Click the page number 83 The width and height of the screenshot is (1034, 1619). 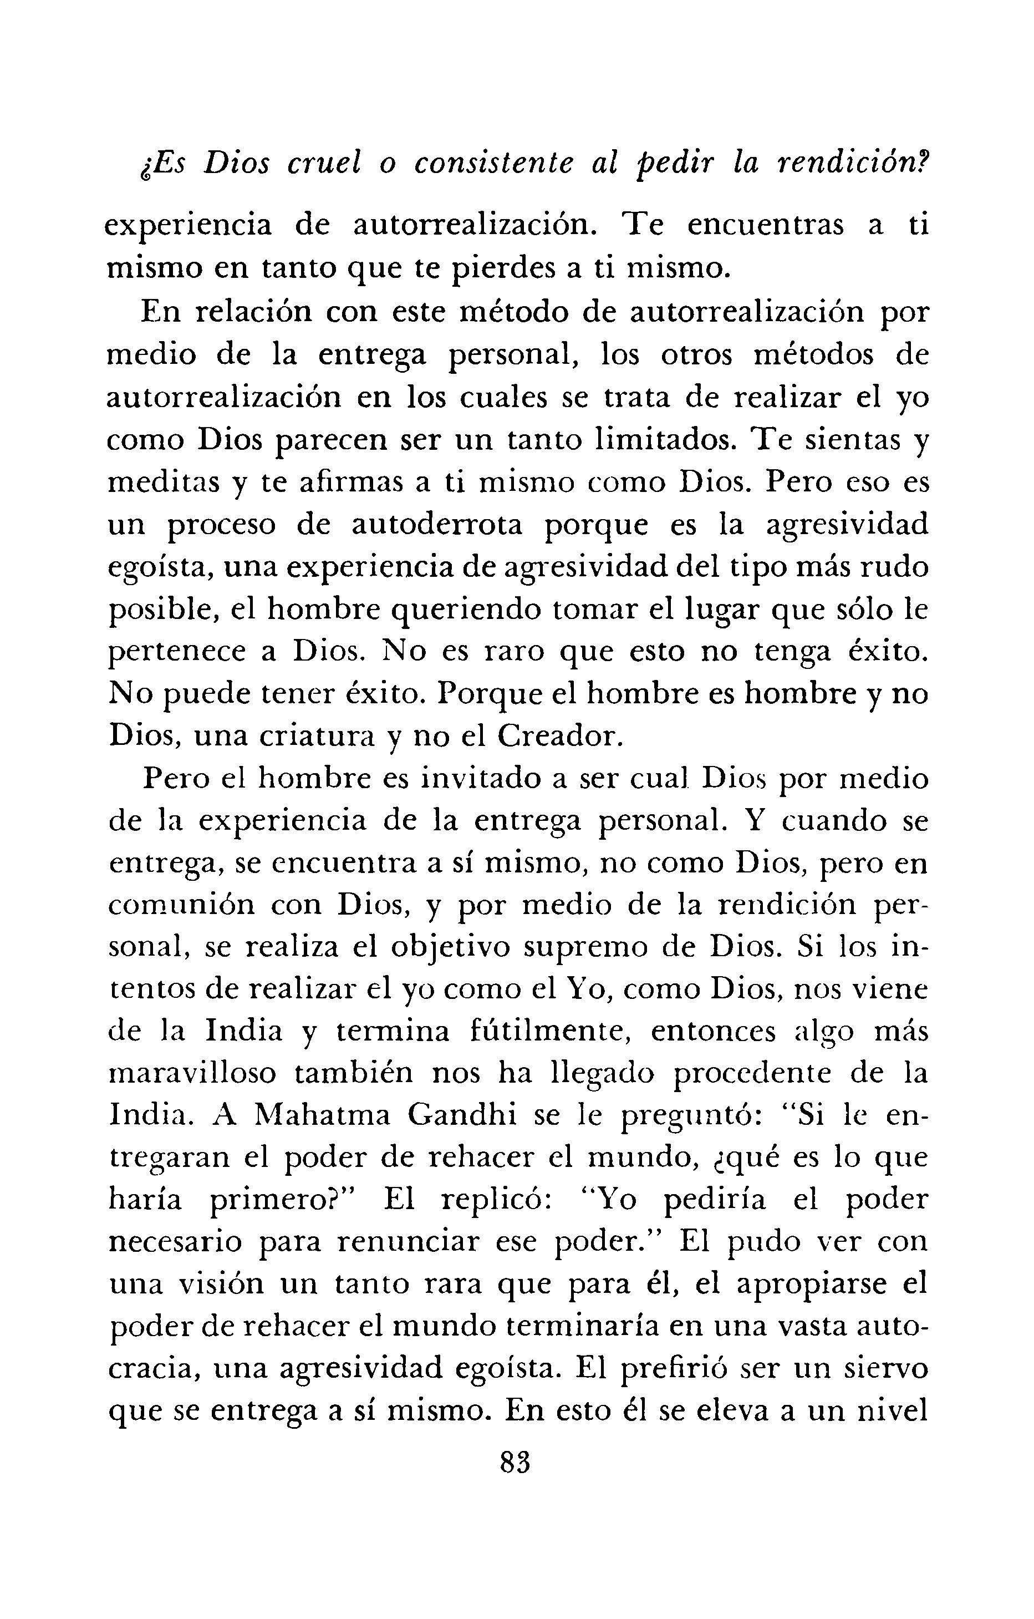(x=516, y=1463)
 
